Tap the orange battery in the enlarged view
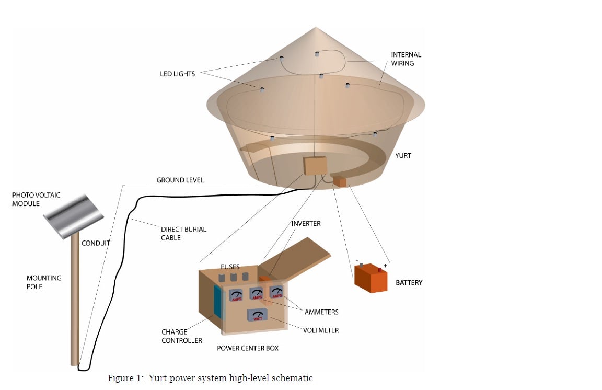point(371,278)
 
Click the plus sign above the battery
point(386,265)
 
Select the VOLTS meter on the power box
point(257,316)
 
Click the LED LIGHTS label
point(177,74)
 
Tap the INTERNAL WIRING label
point(406,59)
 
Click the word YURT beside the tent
point(403,156)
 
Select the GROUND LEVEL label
point(180,180)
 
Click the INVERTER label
point(306,224)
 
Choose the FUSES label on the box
point(230,267)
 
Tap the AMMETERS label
point(321,312)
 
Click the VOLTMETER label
point(321,330)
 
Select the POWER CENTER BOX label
point(248,348)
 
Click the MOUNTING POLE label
point(44,282)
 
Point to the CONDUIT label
point(96,244)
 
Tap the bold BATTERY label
point(409,283)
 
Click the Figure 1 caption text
point(210,378)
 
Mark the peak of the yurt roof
point(316,28)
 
